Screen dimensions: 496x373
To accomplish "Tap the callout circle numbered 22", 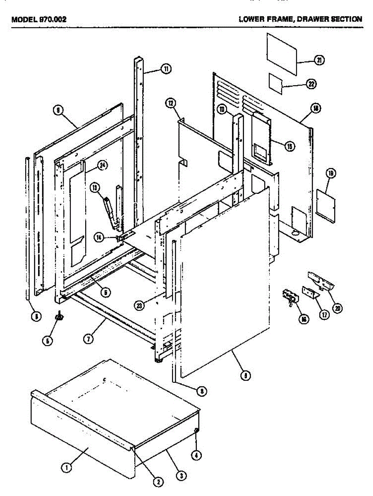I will (x=311, y=84).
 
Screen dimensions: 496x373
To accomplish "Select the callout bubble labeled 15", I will (x=290, y=145).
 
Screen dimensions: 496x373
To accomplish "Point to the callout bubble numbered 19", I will (x=330, y=174).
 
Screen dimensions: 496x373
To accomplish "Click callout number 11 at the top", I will (x=166, y=69).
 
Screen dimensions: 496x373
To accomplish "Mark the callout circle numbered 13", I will (x=96, y=188).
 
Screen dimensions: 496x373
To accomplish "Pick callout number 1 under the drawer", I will (x=65, y=468).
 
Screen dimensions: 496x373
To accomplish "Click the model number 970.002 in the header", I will (x=51, y=19).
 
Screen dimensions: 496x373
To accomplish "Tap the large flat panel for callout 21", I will (x=282, y=54).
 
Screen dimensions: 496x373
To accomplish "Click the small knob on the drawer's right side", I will (x=196, y=431).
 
